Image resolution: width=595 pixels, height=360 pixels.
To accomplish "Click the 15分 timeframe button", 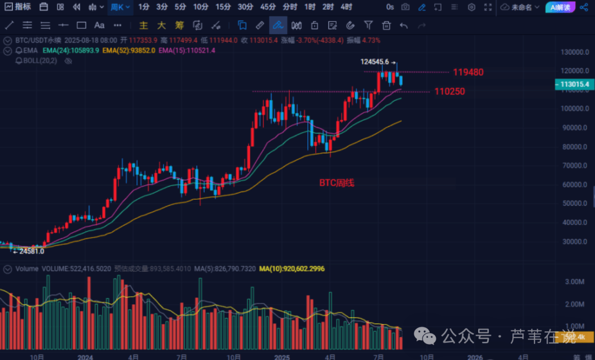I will tap(223, 7).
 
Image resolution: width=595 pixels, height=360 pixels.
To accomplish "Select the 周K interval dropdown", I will tap(120, 7).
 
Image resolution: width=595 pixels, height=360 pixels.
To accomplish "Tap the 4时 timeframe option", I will tap(347, 7).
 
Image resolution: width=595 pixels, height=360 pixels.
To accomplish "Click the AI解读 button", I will tap(561, 7).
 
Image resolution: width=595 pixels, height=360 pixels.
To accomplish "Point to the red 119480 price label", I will tap(468, 72).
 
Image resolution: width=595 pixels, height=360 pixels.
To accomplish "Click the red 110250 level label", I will tap(450, 92).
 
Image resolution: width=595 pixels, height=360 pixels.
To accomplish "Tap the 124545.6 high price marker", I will tap(375, 62).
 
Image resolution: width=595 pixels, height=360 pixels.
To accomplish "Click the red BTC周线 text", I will tap(337, 182).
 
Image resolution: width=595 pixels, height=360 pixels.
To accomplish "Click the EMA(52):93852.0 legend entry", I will tap(128, 50).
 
